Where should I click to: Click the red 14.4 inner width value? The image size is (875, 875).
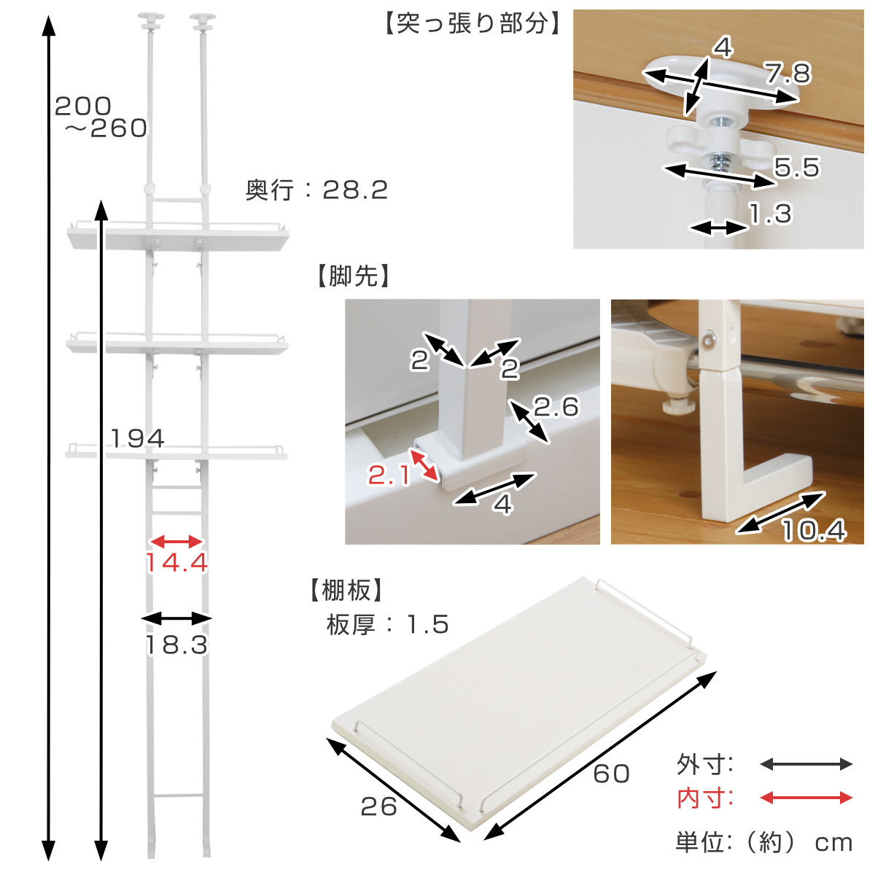pyautogui.click(x=176, y=563)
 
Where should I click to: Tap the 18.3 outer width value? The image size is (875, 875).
pyautogui.click(x=176, y=645)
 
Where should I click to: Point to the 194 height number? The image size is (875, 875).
pyautogui.click(x=138, y=438)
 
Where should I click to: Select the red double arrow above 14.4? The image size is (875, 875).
pyautogui.click(x=176, y=541)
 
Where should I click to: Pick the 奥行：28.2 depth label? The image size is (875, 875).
pyautogui.click(x=316, y=190)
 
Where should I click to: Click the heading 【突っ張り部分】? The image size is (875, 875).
pyautogui.click(x=472, y=24)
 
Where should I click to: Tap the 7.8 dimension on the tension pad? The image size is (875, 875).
pyautogui.click(x=788, y=73)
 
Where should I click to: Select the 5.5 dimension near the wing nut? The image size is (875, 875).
pyautogui.click(x=797, y=168)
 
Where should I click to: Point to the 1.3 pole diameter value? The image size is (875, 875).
pyautogui.click(x=770, y=214)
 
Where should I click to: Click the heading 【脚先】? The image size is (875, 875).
pyautogui.click(x=354, y=276)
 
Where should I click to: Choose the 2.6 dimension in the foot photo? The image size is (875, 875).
pyautogui.click(x=556, y=407)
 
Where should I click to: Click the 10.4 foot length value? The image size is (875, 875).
pyautogui.click(x=814, y=530)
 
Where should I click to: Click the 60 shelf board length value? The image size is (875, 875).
pyautogui.click(x=611, y=773)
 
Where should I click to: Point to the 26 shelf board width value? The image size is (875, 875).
pyautogui.click(x=378, y=806)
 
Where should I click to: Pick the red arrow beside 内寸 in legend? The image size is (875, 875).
pyautogui.click(x=806, y=798)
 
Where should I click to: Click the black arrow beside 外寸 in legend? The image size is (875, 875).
pyautogui.click(x=806, y=764)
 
